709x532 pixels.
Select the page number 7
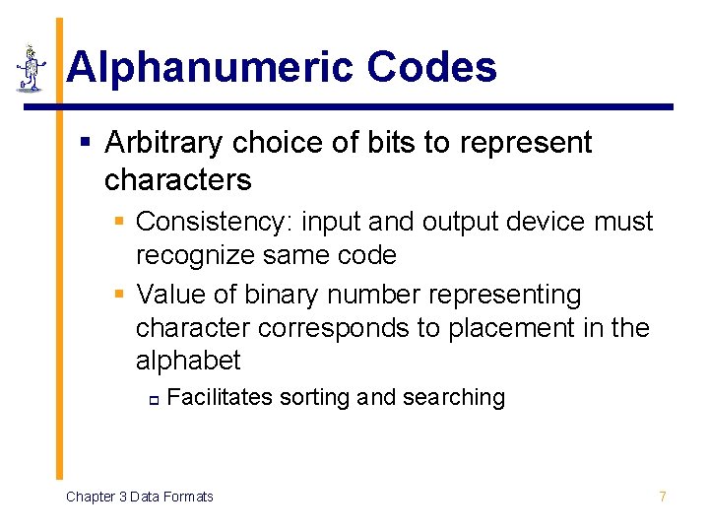click(x=663, y=497)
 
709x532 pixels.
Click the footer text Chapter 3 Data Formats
click(x=139, y=497)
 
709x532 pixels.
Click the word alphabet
click(x=187, y=362)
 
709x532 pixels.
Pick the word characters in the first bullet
click(x=177, y=180)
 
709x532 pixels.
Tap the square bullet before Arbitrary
click(x=86, y=144)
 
